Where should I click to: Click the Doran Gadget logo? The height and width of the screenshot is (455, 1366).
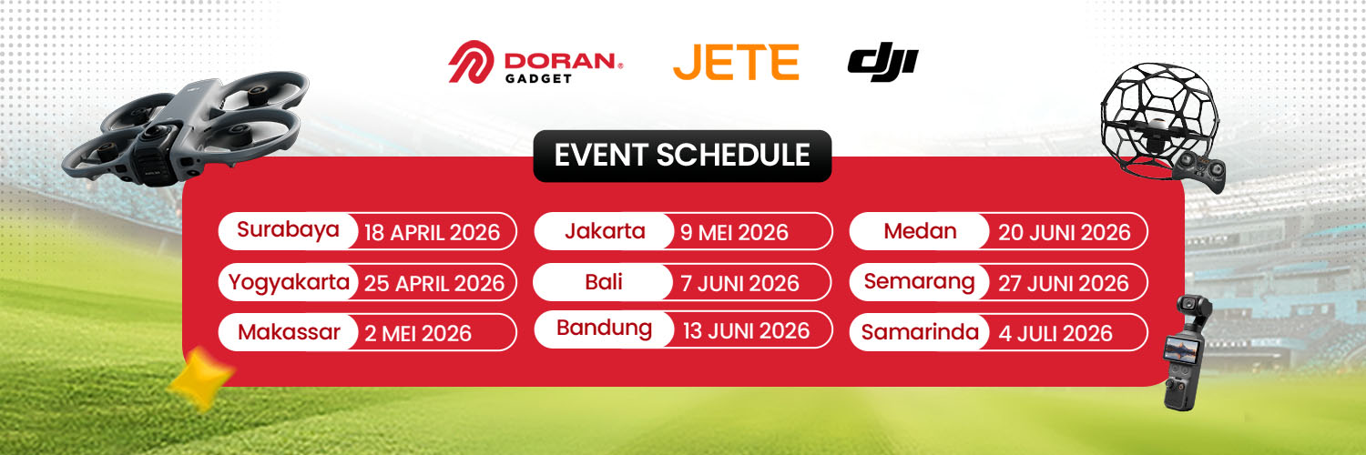(535, 62)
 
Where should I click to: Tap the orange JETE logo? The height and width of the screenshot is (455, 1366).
(736, 62)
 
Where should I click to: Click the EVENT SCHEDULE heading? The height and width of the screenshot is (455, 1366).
(682, 156)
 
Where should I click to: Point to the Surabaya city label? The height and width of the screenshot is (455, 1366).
(288, 229)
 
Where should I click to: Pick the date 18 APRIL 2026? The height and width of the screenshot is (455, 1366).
(432, 233)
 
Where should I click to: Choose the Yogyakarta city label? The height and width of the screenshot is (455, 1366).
(289, 283)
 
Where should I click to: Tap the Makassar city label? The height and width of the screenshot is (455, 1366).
(289, 332)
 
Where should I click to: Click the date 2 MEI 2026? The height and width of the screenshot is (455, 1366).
(418, 333)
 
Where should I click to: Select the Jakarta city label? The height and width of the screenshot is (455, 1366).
(605, 231)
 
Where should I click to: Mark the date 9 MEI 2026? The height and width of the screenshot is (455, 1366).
(734, 233)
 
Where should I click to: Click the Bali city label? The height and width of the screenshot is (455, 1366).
(603, 282)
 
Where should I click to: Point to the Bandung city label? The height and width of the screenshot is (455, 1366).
(605, 329)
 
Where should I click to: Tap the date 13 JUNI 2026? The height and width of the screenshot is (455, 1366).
(746, 330)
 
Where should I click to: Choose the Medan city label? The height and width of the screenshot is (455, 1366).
(920, 231)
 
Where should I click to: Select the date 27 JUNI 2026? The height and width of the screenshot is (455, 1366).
(1064, 283)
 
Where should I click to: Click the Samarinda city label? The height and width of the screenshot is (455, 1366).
(920, 332)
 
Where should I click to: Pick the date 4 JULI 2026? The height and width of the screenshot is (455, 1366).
(1055, 333)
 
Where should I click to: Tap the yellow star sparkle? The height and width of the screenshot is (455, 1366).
(200, 378)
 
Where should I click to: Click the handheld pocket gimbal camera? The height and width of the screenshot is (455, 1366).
(1186, 353)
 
